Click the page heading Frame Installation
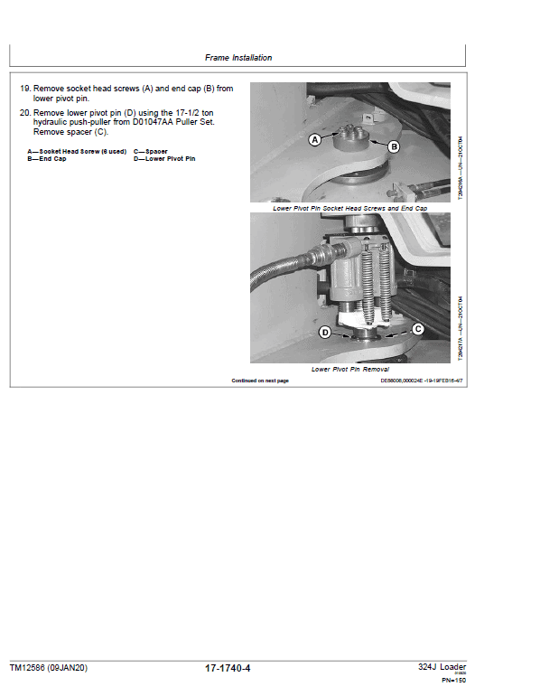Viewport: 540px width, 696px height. (x=237, y=58)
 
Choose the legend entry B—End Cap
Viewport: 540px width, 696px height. (x=46, y=158)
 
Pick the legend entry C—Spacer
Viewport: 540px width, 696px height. (x=150, y=151)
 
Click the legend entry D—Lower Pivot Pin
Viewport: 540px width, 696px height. (x=164, y=158)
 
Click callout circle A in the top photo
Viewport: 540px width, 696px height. (x=315, y=140)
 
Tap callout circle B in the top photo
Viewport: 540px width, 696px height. (x=394, y=146)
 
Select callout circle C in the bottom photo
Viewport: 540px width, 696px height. (x=418, y=330)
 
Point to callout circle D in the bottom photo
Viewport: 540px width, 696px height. (x=324, y=334)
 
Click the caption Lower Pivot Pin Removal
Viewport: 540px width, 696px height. (x=350, y=370)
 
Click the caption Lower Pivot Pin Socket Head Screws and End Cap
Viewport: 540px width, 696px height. (x=349, y=208)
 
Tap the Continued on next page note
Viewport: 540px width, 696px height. (x=260, y=381)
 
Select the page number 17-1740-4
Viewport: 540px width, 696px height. (x=228, y=668)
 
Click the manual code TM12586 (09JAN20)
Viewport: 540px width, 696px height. (x=49, y=668)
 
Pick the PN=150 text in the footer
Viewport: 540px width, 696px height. (x=453, y=680)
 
